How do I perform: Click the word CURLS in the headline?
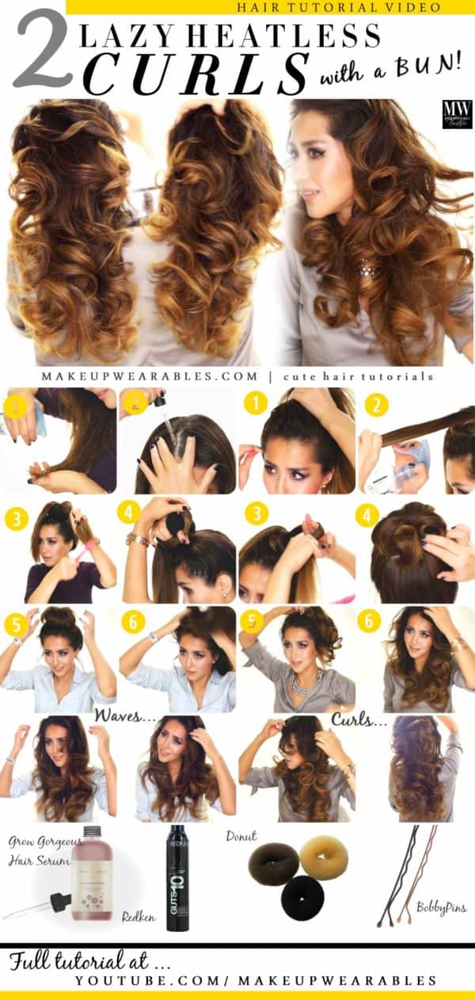(x=195, y=74)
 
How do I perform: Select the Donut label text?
(x=241, y=836)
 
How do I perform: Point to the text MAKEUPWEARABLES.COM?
(x=150, y=376)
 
